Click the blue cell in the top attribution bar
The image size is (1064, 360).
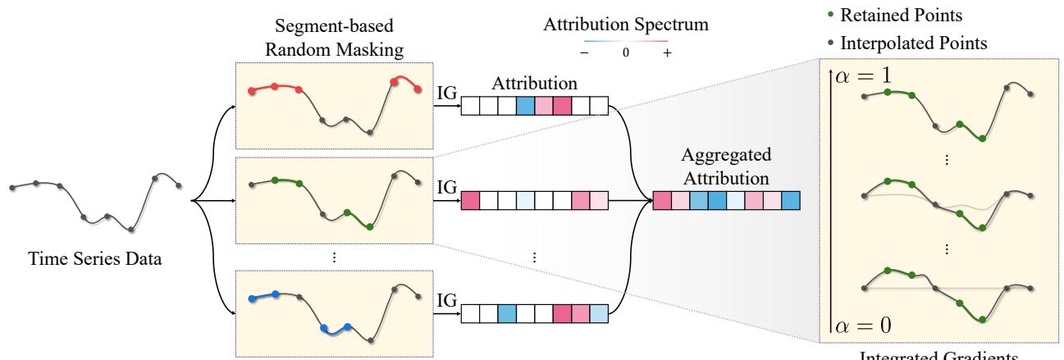525,107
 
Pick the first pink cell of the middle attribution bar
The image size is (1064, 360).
470,199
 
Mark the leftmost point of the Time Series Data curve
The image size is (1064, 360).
11,189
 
